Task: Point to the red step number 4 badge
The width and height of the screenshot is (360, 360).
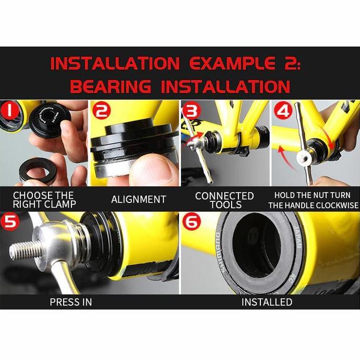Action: point(282,112)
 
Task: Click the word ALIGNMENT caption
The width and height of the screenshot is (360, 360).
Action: point(138,199)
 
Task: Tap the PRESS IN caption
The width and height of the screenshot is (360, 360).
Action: point(71,302)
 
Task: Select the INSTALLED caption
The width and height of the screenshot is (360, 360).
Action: point(267,302)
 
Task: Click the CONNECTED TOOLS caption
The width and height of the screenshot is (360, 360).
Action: point(224,200)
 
